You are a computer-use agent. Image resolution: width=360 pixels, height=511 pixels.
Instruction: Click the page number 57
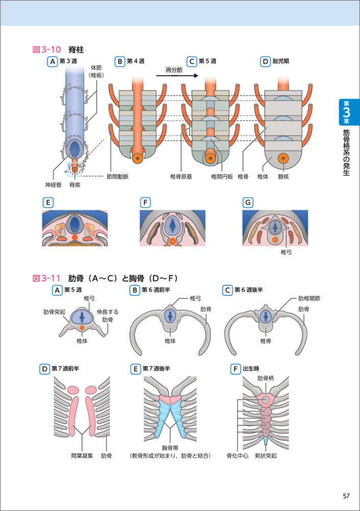(x=346, y=496)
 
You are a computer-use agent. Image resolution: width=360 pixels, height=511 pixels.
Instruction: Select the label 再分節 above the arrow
(x=174, y=69)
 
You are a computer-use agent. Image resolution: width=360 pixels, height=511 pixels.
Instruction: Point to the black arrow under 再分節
(x=176, y=76)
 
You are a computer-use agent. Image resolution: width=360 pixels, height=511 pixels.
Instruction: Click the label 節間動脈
(x=118, y=177)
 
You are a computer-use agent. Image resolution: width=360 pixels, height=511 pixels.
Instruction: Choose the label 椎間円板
(x=222, y=177)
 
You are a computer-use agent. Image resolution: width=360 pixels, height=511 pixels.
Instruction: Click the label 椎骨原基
(x=182, y=177)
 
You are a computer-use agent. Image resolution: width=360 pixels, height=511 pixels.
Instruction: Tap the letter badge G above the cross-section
(x=248, y=203)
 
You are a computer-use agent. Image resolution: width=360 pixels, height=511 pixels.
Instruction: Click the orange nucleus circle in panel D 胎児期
(x=282, y=159)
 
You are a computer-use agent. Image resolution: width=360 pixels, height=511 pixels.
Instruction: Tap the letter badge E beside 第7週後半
(x=135, y=368)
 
